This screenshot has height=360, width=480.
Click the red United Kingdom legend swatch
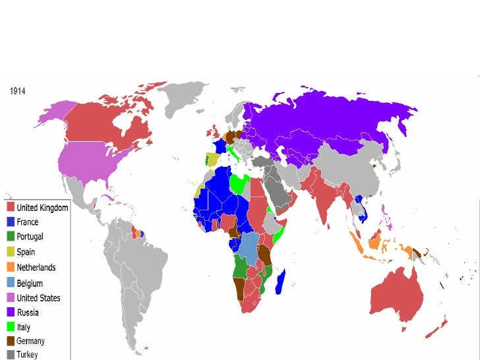(x=11, y=208)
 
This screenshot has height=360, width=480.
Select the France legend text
(x=27, y=222)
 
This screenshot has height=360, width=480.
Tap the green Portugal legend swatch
(x=11, y=237)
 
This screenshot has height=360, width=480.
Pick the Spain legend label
(x=26, y=252)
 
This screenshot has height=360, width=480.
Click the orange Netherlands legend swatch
(x=11, y=268)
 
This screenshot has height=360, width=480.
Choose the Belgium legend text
(x=30, y=283)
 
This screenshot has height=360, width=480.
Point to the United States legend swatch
(x=11, y=298)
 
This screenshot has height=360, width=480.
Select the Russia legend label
(x=28, y=313)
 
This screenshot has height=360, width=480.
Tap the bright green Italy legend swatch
(x=11, y=327)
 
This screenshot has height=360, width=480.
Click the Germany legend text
(x=30, y=342)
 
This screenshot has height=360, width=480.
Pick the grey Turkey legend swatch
(x=11, y=355)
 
